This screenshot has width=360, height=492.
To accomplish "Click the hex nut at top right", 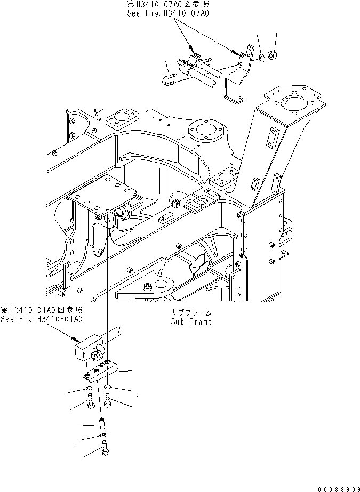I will click(272, 54).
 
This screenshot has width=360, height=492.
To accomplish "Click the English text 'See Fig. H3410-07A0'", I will click(167, 13).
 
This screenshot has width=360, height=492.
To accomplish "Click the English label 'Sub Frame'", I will click(191, 322).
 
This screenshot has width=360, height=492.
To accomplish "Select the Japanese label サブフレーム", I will click(191, 313).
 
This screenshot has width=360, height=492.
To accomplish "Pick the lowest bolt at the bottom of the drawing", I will click(104, 451).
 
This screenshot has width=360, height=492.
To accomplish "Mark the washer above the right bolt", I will click(108, 386).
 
